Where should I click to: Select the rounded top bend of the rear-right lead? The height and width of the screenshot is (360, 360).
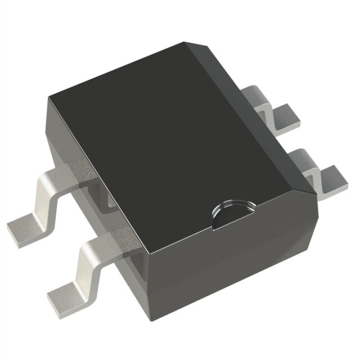tap(260, 92)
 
